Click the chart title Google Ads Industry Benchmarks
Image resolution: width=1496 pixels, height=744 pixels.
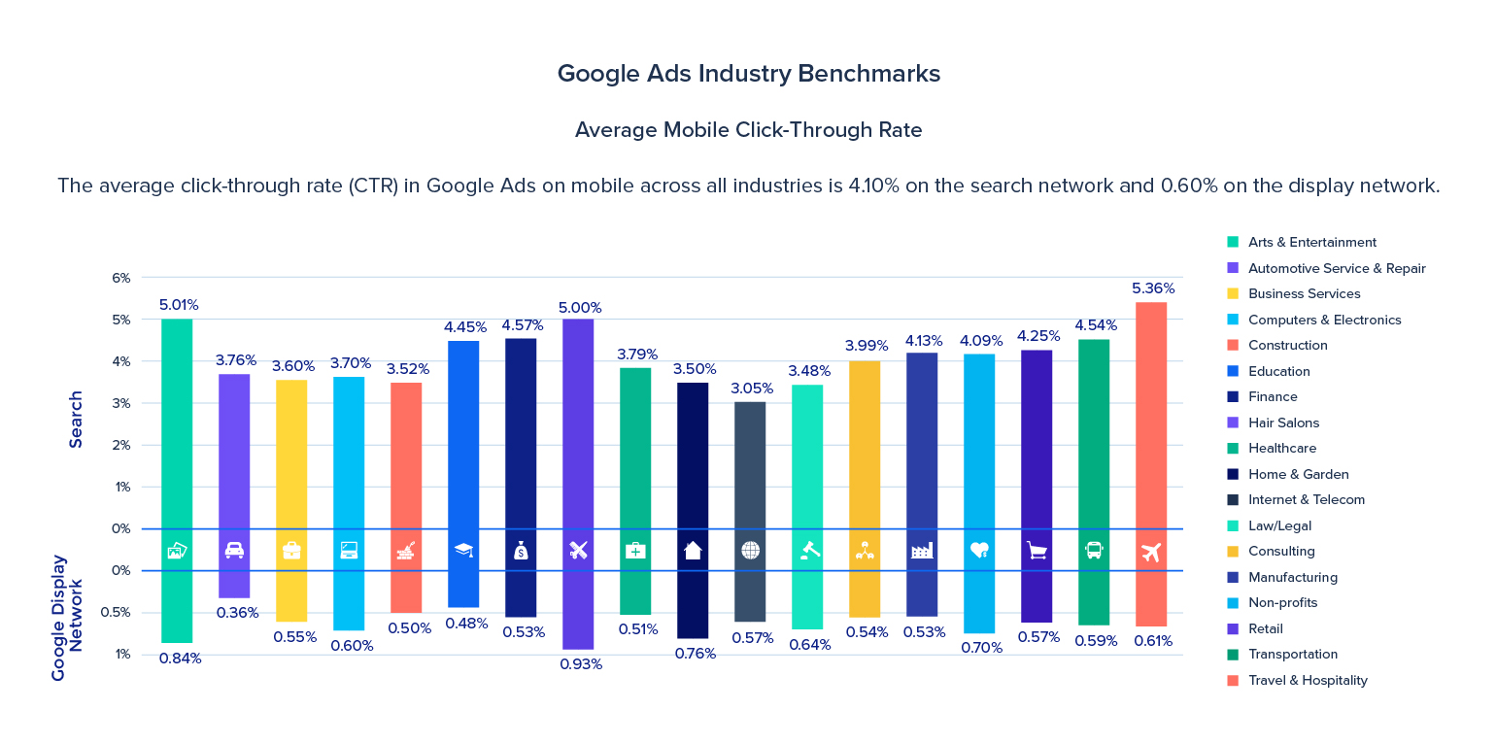click(x=748, y=74)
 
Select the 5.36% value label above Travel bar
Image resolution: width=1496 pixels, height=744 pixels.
click(x=1152, y=288)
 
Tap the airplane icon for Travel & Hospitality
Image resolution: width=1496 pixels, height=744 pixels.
click(x=1151, y=551)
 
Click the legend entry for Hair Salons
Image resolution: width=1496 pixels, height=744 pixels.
click(x=1283, y=423)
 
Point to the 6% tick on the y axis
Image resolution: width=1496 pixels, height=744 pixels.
click(x=120, y=278)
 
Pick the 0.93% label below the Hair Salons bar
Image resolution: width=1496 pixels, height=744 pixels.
click(x=579, y=664)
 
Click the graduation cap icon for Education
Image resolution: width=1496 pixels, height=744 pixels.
click(x=463, y=550)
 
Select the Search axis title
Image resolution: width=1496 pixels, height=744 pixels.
click(x=76, y=419)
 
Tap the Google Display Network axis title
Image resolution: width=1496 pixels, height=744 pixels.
click(x=67, y=617)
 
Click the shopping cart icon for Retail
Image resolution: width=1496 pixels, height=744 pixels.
click(x=1037, y=551)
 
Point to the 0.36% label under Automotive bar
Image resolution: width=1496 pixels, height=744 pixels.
click(x=236, y=613)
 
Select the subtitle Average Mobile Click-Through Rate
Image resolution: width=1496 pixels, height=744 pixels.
click(x=748, y=130)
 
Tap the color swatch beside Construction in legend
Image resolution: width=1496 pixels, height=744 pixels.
click(x=1233, y=345)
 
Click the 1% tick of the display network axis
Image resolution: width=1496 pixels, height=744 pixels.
click(x=122, y=654)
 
